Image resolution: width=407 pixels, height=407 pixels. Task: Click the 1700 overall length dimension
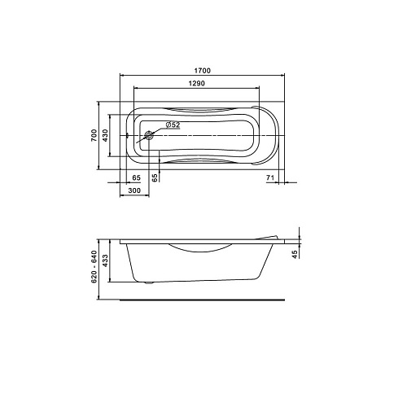203,71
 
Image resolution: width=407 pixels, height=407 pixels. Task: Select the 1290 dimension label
197,83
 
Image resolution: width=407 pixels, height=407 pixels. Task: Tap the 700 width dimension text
94,135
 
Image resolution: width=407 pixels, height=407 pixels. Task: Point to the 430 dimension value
105,135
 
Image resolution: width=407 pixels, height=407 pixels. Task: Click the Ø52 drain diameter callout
173,125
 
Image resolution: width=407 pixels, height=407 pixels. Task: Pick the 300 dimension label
134,190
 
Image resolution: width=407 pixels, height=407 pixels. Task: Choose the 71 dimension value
270,177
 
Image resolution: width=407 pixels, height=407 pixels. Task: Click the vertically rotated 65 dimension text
155,177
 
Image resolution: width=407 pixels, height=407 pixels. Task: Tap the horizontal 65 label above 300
137,177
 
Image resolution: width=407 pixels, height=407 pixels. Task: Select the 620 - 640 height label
94,267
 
